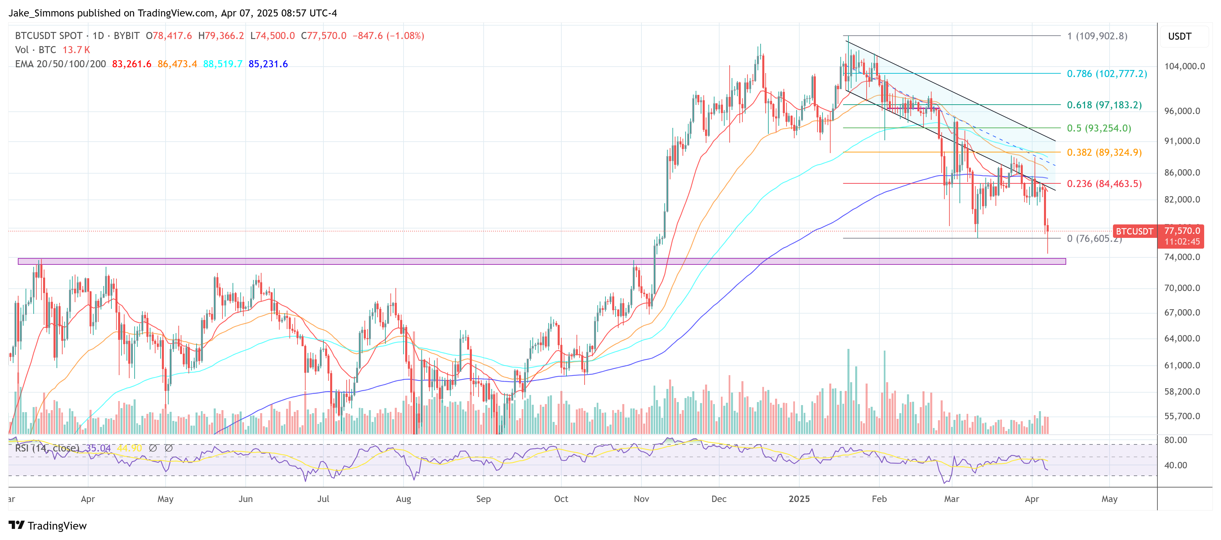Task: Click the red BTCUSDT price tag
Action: [x=1134, y=231]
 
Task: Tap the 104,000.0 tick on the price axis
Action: [x=1184, y=66]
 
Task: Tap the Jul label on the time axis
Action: [x=323, y=499]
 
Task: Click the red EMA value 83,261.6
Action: [x=131, y=64]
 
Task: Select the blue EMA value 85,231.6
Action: [x=268, y=64]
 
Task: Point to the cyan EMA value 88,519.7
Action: [x=222, y=64]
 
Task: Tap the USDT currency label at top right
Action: [x=1179, y=36]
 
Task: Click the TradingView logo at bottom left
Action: [x=48, y=526]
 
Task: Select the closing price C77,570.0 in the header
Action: [x=323, y=36]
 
